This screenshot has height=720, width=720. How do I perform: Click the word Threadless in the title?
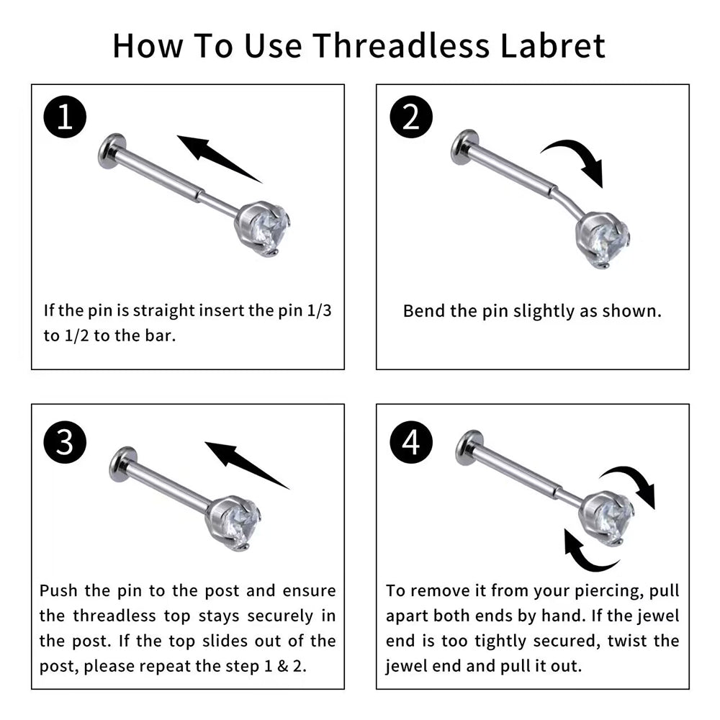401,45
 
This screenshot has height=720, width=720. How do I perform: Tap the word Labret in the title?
552,45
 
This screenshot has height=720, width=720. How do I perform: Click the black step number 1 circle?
66,117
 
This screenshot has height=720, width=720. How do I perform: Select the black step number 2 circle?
411,117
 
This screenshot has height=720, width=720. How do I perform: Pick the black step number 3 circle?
66,442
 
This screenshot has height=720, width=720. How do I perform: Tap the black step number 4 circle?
411,442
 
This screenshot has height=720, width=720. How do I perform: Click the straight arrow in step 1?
220,158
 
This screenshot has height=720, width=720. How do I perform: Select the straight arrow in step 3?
247,464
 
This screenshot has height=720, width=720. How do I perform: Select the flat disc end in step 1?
109,151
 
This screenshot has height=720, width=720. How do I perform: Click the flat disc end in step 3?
121,464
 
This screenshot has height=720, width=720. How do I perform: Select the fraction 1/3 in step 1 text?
319,310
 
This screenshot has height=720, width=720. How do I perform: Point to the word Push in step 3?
58,590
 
